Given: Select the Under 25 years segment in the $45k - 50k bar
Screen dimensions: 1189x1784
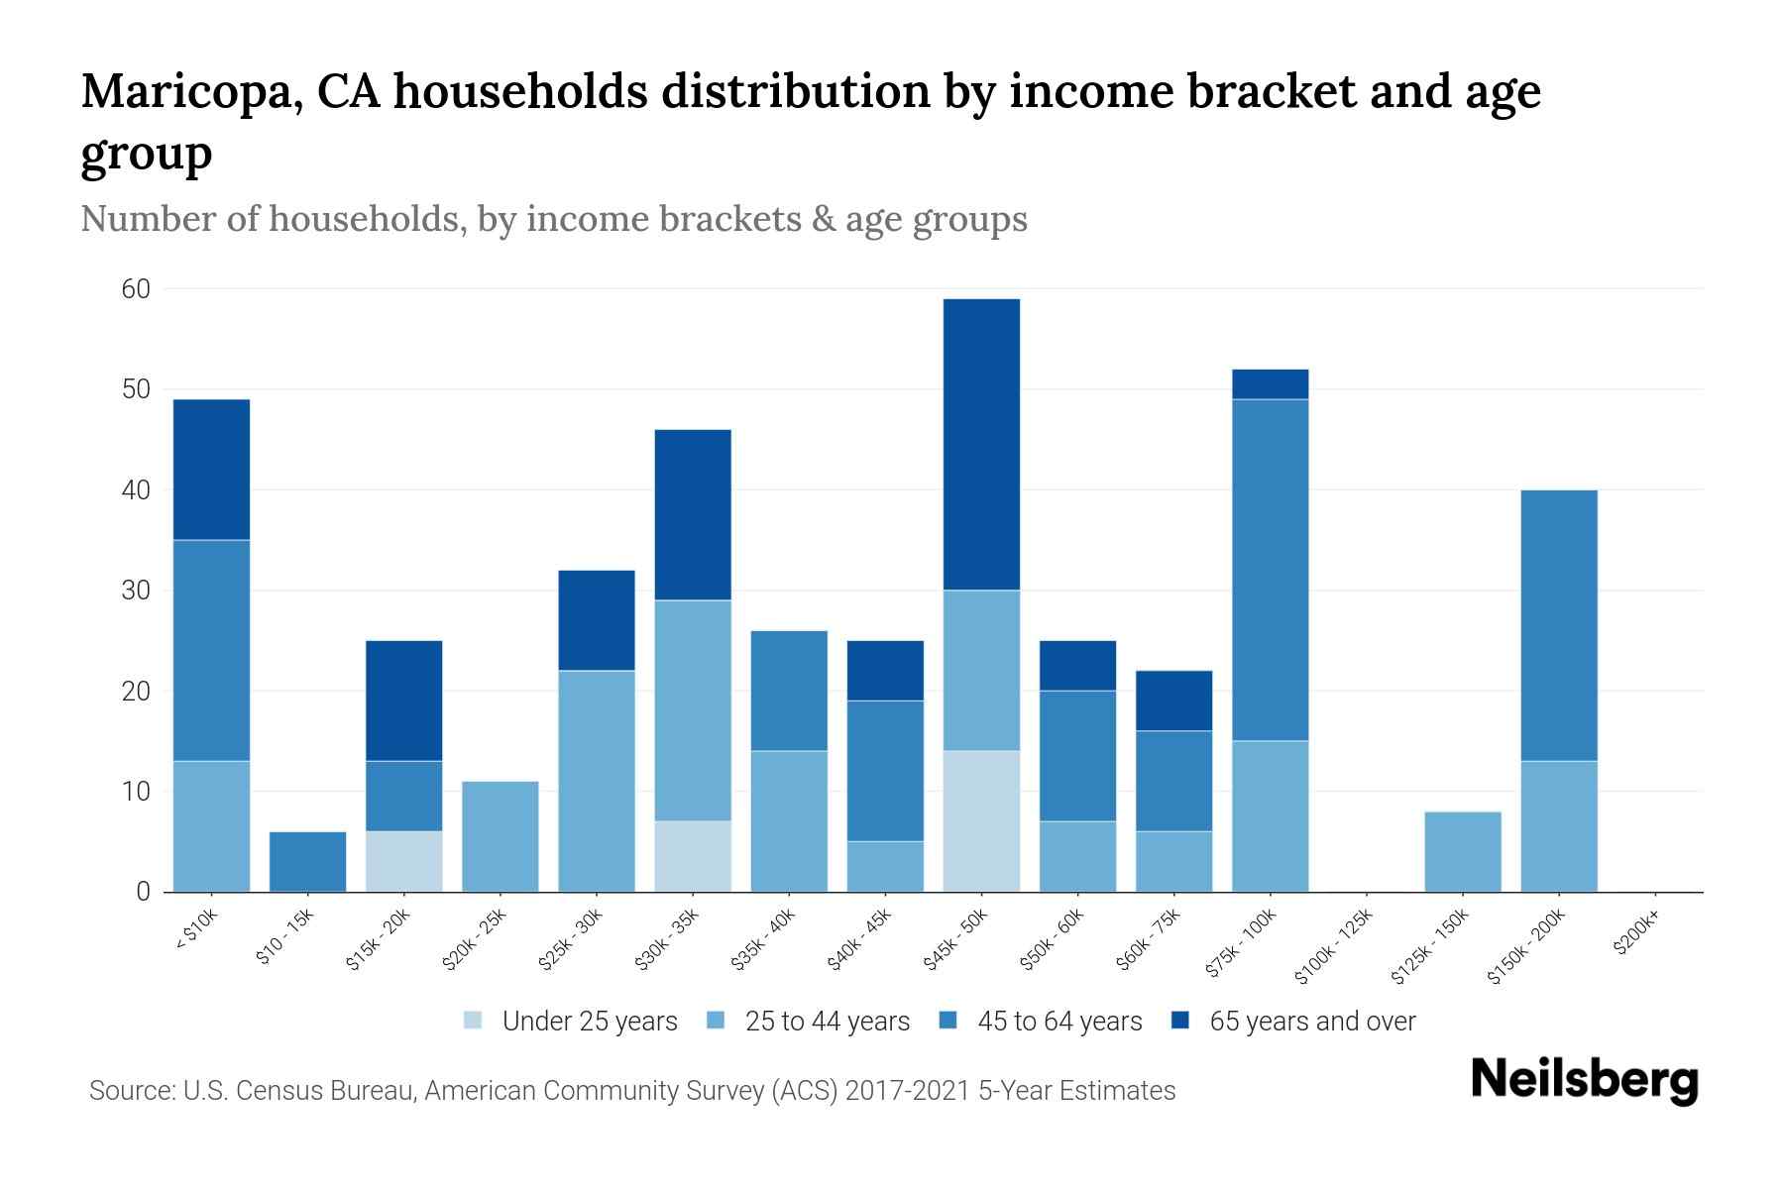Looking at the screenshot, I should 981,821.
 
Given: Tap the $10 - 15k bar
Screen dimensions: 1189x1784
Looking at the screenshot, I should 307,861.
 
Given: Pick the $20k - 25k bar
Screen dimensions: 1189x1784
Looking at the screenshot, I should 501,836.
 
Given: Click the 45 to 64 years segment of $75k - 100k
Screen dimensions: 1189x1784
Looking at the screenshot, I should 1270,570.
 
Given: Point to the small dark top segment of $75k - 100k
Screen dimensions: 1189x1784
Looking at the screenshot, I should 1270,384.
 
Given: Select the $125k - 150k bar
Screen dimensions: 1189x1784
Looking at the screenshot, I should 1462,851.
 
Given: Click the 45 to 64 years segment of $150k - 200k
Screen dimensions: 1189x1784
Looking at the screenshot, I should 1558,625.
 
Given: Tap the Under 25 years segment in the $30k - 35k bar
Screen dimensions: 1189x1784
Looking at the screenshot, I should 693,856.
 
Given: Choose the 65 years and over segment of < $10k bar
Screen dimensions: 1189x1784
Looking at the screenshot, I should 211,470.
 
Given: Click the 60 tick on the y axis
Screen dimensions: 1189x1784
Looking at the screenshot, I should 136,289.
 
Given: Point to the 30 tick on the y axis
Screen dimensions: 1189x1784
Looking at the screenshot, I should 136,591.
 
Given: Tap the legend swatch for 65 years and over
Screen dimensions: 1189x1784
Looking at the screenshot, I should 1180,1021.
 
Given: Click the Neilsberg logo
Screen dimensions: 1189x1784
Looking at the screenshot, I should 1584,1081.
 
